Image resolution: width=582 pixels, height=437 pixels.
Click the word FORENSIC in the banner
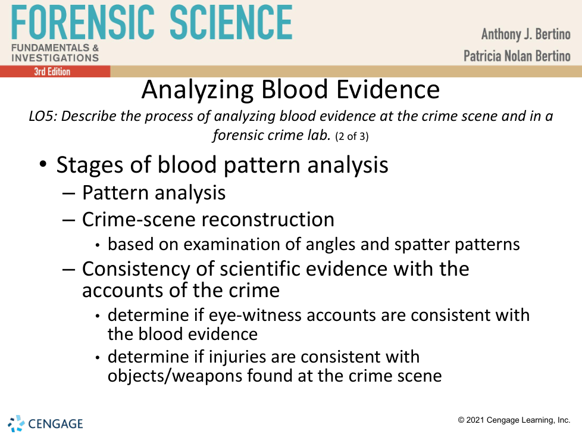click(83, 22)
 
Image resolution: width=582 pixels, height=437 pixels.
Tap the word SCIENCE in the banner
click(231, 22)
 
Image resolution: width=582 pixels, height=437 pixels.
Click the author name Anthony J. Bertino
click(525, 34)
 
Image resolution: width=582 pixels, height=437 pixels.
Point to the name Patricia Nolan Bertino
click(517, 56)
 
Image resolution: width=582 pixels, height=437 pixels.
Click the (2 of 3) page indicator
click(352, 136)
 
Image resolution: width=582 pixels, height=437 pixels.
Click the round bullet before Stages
click(43, 164)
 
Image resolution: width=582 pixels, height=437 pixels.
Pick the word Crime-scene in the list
click(133, 220)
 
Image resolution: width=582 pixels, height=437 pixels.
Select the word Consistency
click(136, 270)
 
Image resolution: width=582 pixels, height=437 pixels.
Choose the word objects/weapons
click(174, 376)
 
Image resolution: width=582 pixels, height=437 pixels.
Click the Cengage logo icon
click(16, 424)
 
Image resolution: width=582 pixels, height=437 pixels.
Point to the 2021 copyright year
click(475, 420)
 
